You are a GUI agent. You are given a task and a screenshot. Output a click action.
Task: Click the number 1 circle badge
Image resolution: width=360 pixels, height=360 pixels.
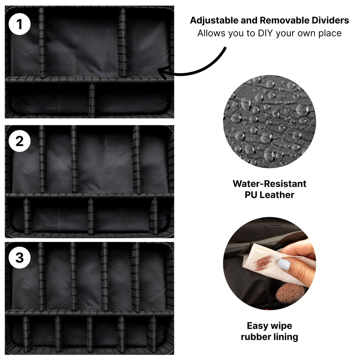[x=20, y=24]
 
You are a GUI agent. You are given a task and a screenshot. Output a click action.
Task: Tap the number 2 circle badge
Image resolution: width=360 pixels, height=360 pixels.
[x=20, y=141]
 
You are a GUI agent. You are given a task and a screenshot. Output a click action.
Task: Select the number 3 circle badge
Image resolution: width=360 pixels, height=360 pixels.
[x=20, y=257]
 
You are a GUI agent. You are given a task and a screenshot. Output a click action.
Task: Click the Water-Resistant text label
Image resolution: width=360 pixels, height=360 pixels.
[x=269, y=184]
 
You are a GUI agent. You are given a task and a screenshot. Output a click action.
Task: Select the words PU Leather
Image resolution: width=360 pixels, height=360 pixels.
[x=269, y=195]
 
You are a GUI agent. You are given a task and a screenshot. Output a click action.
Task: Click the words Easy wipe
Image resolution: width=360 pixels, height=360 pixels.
[x=269, y=326]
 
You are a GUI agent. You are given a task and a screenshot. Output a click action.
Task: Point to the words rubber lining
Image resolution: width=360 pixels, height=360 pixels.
[x=269, y=337]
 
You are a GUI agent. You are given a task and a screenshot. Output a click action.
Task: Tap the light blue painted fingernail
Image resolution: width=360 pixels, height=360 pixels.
[x=284, y=264]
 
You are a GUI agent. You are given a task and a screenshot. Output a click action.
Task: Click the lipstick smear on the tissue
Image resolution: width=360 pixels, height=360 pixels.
[x=263, y=263]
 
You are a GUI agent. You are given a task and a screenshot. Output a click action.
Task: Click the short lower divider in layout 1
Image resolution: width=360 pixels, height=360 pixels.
[x=92, y=100]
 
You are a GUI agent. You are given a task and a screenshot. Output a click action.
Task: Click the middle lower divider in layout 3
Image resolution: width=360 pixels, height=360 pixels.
[x=90, y=334]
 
